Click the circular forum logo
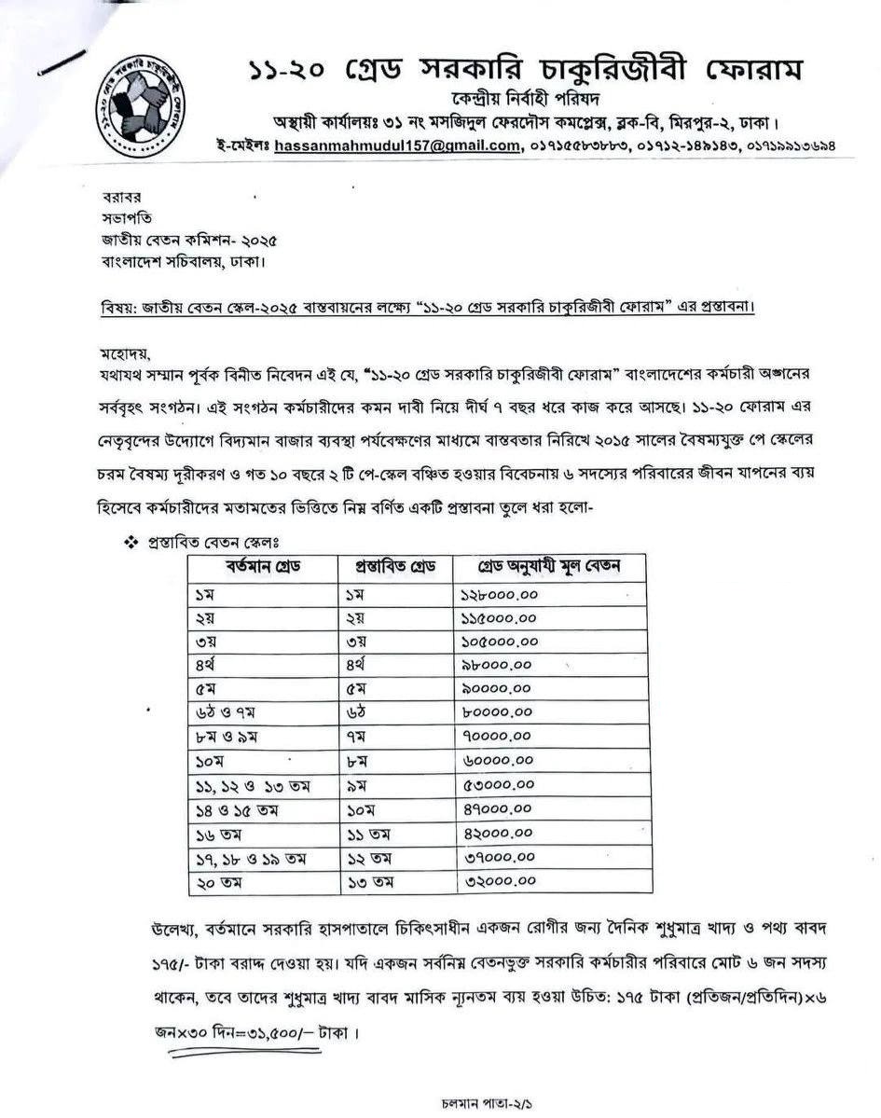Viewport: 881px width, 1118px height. tap(141, 101)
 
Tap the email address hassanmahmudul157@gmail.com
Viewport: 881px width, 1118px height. tap(396, 145)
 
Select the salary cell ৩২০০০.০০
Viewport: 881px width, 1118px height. tap(498, 880)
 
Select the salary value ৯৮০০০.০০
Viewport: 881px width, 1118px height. tap(496, 666)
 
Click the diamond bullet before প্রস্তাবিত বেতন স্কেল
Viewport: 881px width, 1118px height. tap(131, 542)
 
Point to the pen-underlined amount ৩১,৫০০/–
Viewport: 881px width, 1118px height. tap(256, 1033)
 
